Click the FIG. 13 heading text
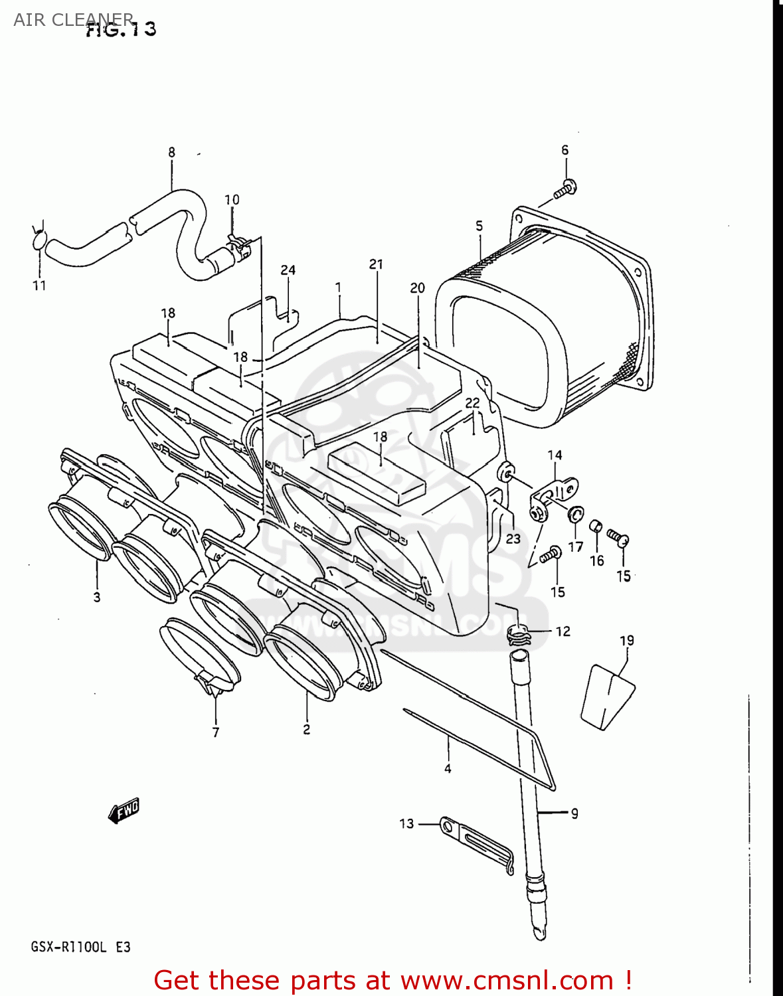click(x=122, y=30)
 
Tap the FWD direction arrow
click(x=124, y=811)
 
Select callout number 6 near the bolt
click(x=565, y=150)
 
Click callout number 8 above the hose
click(x=171, y=152)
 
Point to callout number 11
click(x=39, y=286)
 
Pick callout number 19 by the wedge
click(x=627, y=641)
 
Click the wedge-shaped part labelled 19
click(x=607, y=697)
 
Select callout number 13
click(x=406, y=824)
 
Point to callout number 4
click(x=448, y=769)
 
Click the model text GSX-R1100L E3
click(x=80, y=948)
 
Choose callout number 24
click(x=288, y=270)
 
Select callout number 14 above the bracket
click(x=555, y=456)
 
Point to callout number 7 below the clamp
click(x=216, y=732)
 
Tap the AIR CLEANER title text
click(x=73, y=19)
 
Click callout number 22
click(x=472, y=403)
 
